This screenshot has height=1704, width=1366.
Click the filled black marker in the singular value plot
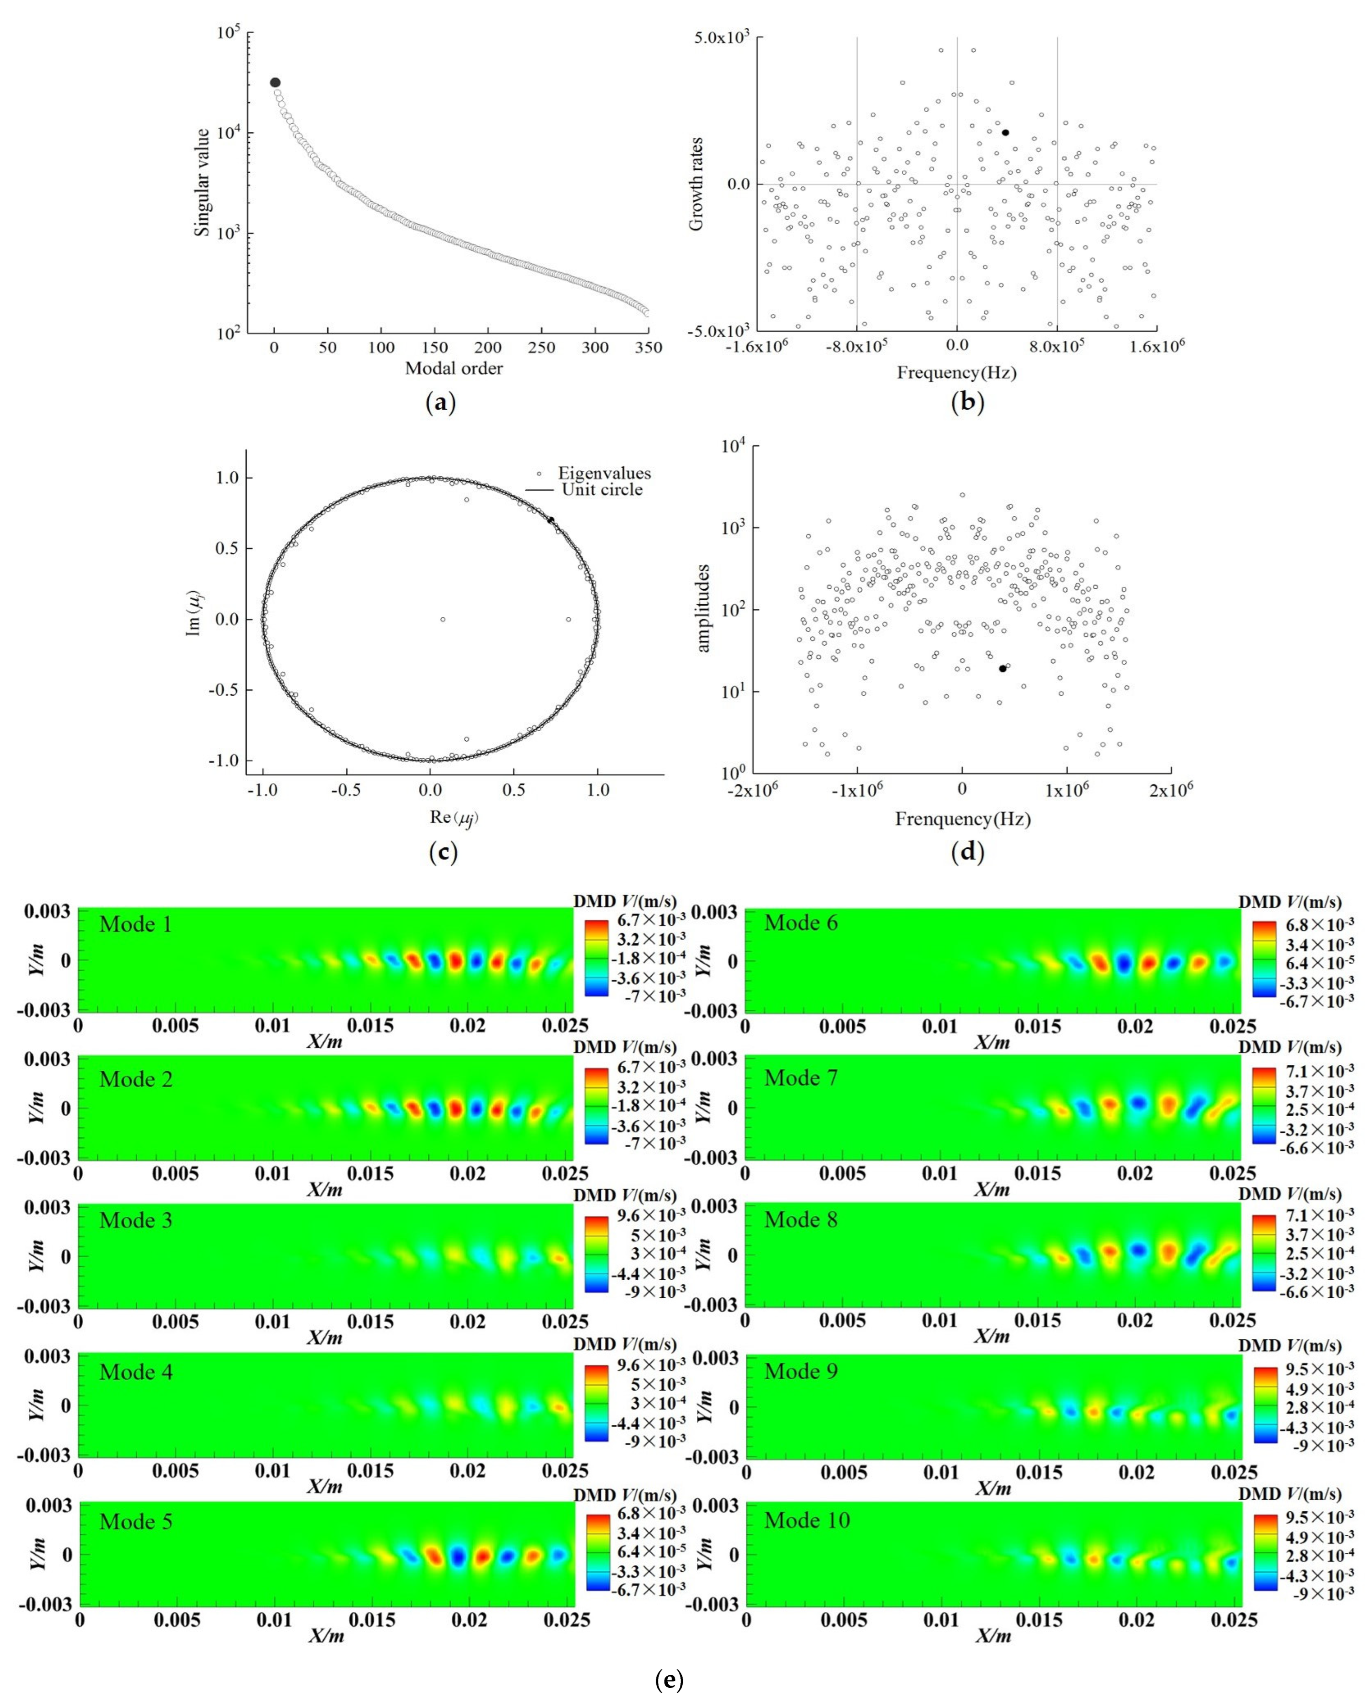tap(275, 82)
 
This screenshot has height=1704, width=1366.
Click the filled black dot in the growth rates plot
tap(1005, 133)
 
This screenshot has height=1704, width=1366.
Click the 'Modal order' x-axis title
tap(454, 368)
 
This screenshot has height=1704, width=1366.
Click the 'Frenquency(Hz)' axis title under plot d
tap(963, 819)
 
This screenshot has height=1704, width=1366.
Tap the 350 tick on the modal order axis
tap(649, 348)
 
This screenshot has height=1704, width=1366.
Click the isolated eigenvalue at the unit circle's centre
tap(443, 620)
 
